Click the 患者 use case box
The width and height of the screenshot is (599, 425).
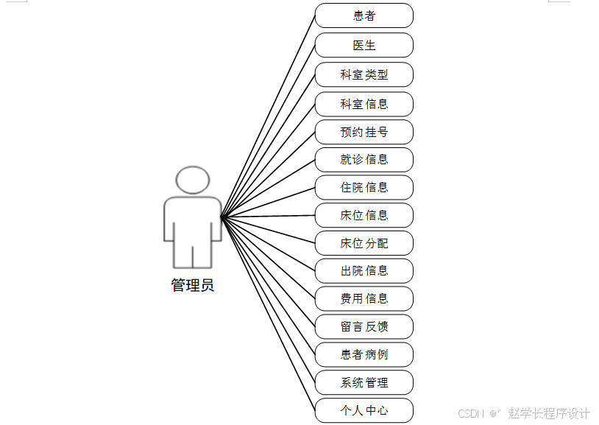[364, 15]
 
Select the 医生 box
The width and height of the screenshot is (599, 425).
[364, 45]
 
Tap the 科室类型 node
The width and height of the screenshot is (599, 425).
[364, 74]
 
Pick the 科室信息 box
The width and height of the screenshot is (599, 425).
[364, 104]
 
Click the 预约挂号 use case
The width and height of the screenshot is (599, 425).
[364, 132]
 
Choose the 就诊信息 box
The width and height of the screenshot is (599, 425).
[364, 159]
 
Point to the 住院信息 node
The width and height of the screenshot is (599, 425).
[364, 187]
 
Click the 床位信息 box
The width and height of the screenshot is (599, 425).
[364, 215]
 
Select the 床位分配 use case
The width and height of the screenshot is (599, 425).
[364, 243]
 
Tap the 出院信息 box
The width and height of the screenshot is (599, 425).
[364, 270]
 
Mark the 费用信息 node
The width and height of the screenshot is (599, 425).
[364, 298]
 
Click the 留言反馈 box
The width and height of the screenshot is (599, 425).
[364, 326]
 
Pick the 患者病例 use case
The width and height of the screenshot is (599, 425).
[364, 354]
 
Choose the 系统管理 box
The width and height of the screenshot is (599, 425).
[364, 382]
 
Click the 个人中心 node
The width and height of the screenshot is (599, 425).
[364, 410]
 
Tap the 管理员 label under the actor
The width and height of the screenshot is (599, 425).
[193, 286]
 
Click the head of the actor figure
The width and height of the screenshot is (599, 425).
[193, 180]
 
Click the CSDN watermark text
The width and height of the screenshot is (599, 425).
[470, 413]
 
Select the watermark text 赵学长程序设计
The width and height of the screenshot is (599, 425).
[549, 413]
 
